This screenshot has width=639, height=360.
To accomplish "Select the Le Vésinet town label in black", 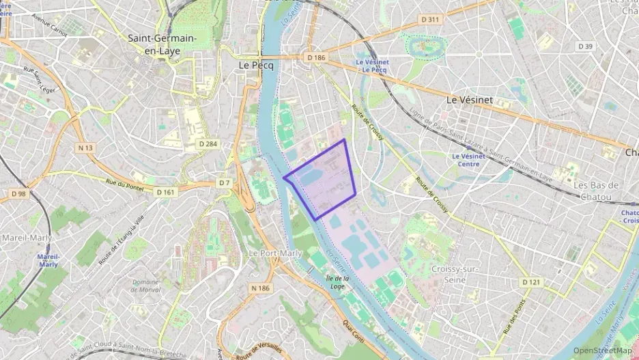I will click(469, 99).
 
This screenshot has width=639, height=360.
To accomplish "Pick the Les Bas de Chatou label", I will click(595, 191).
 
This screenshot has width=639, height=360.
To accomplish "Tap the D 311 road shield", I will click(430, 19).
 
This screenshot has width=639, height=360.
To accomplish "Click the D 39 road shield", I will click(585, 46).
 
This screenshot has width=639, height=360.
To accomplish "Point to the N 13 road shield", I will click(85, 148).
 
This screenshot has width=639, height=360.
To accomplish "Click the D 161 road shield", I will click(165, 192).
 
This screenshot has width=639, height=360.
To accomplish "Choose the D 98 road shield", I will click(18, 193).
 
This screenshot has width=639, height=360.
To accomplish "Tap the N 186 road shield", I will click(261, 288).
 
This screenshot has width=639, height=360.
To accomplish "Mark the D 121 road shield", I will click(530, 282).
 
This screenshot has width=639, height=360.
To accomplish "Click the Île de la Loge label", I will click(338, 283).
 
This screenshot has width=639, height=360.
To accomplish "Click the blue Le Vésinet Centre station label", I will click(468, 160).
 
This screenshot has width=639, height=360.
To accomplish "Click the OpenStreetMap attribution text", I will click(602, 350).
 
